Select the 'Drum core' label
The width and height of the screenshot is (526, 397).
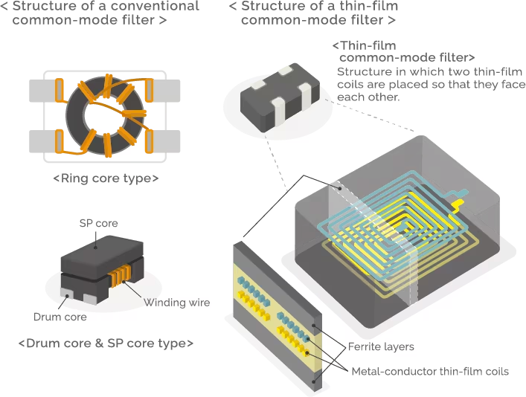pos(62,317)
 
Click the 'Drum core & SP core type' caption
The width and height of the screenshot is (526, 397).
pos(106,344)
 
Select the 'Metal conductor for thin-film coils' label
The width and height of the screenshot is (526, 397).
pos(431,369)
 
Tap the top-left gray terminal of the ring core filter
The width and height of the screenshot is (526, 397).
pos(42,91)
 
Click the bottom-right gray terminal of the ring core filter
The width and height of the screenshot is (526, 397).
pos(164,141)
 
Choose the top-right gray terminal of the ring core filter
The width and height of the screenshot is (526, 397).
pos(164,91)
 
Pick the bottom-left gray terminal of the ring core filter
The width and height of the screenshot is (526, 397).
pos(42,141)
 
